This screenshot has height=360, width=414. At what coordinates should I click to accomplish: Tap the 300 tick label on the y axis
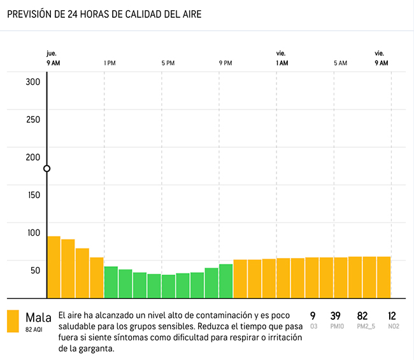pyautogui.click(x=32, y=82)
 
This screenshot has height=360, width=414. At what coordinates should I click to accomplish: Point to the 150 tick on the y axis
pyautogui.click(x=32, y=195)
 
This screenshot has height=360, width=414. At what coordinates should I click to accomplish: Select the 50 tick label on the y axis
pyautogui.click(x=32, y=270)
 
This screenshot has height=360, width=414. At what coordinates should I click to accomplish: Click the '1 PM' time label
pyautogui.click(x=110, y=63)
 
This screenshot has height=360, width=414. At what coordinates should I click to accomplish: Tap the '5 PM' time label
pyautogui.click(x=168, y=63)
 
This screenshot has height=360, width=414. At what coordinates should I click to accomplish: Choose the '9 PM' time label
pyautogui.click(x=225, y=63)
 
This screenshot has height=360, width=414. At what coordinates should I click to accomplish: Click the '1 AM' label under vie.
pyautogui.click(x=282, y=63)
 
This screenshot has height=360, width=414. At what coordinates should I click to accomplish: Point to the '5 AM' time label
pyautogui.click(x=340, y=63)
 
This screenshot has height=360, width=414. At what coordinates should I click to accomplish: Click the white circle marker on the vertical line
pyautogui.click(x=46, y=169)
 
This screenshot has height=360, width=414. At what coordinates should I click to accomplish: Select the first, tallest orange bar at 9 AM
pyautogui.click(x=54, y=267)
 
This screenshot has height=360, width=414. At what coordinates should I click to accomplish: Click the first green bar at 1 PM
pyautogui.click(x=111, y=282)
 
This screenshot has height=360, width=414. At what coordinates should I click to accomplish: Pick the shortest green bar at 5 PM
pyautogui.click(x=168, y=286)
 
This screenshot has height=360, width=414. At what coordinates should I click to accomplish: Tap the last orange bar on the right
pyautogui.click(x=383, y=277)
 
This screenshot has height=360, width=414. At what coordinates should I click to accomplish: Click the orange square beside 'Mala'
pyautogui.click(x=13, y=321)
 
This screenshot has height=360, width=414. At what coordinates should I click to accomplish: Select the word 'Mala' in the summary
pyautogui.click(x=38, y=317)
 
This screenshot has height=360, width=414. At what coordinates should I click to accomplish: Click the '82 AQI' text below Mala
pyautogui.click(x=34, y=330)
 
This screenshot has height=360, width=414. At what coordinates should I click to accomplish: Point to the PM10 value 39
pyautogui.click(x=336, y=316)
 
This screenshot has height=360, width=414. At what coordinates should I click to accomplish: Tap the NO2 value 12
pyautogui.click(x=392, y=316)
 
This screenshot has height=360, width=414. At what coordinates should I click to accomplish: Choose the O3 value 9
pyautogui.click(x=313, y=316)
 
